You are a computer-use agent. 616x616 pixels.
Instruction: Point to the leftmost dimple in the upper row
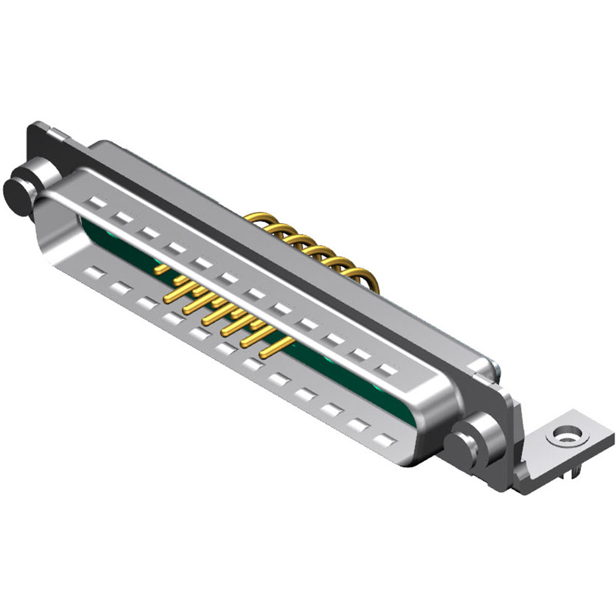tap(97, 201)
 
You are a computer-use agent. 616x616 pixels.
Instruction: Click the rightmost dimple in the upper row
tap(387, 370)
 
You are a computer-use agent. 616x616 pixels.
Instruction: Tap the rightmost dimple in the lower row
tap(385, 440)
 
